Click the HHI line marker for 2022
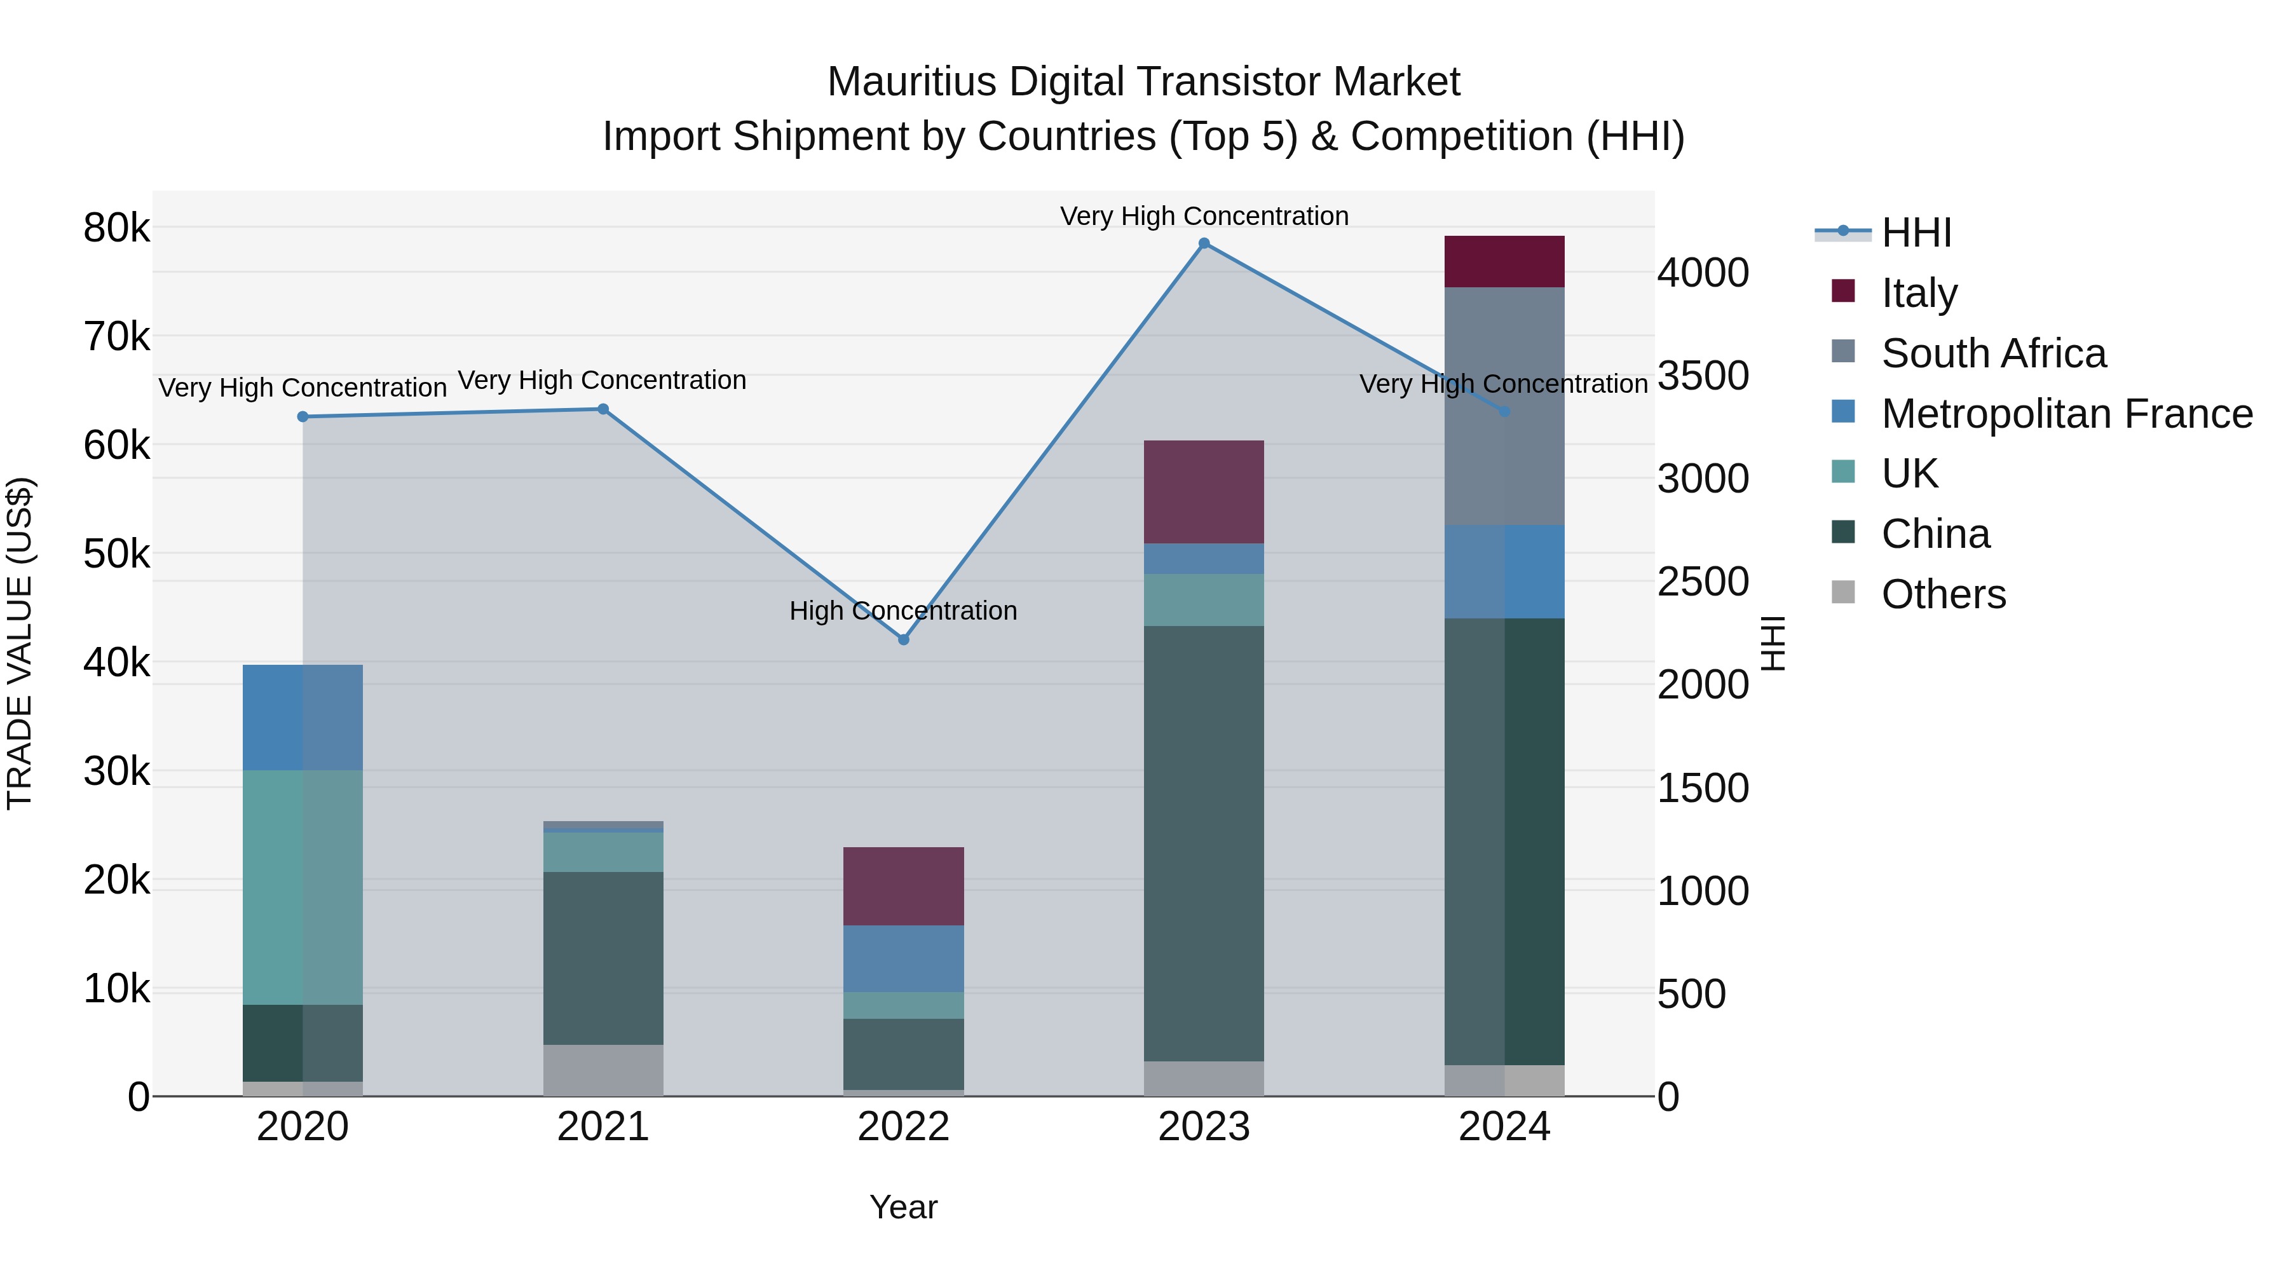[x=903, y=639]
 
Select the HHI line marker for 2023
[x=1204, y=243]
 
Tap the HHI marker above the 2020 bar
[x=303, y=416]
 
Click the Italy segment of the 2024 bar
[x=1504, y=262]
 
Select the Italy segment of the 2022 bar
[x=903, y=887]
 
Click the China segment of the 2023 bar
[x=1204, y=844]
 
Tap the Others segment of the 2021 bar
[x=603, y=1070]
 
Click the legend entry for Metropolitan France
[x=2066, y=414]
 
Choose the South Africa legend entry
[x=1993, y=353]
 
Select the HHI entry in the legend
[x=1916, y=233]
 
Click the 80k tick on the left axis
[x=116, y=228]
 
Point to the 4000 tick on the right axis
[x=1703, y=273]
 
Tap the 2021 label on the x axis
[x=603, y=1127]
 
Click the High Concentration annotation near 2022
[x=903, y=611]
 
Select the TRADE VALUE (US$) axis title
[x=20, y=643]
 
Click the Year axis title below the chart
[x=903, y=1207]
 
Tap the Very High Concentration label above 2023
[x=1204, y=216]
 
